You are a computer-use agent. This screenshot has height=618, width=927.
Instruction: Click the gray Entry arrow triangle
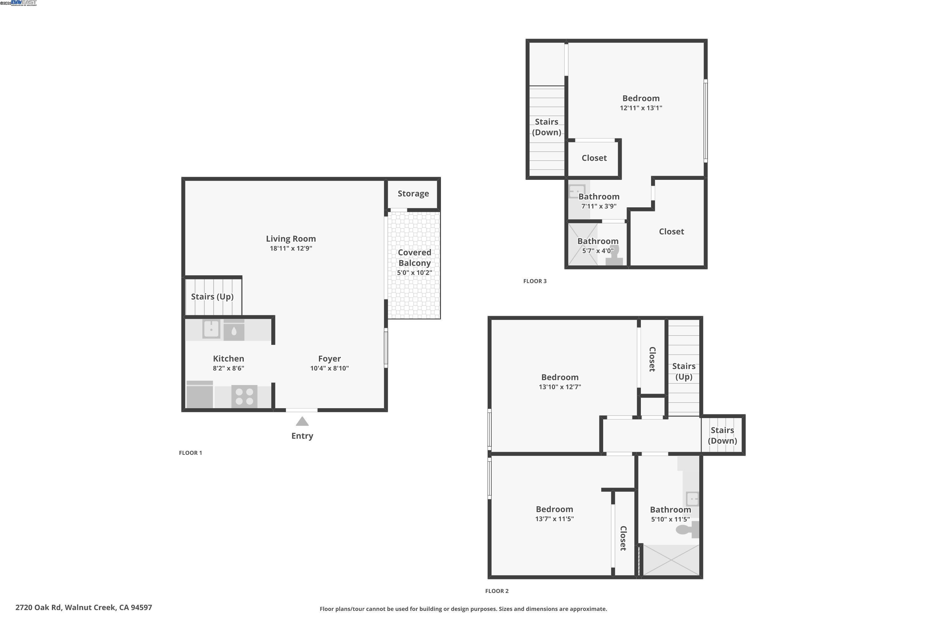[302, 422]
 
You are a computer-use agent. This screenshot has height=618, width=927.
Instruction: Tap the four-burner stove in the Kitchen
[244, 396]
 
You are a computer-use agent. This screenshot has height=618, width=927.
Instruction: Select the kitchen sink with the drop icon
[234, 330]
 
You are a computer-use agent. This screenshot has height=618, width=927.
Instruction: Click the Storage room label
[413, 193]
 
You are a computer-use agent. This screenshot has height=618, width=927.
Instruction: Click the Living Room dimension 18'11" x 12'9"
[291, 248]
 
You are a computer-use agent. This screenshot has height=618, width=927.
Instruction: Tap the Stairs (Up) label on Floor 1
[212, 296]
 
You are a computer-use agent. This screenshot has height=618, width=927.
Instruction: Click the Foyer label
[329, 359]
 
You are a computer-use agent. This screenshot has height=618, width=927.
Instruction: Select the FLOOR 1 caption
[190, 453]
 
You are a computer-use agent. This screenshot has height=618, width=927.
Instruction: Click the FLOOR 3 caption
[535, 281]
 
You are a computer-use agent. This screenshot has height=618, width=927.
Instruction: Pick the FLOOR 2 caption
[497, 591]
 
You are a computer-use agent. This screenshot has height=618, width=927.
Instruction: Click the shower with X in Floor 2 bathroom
[671, 560]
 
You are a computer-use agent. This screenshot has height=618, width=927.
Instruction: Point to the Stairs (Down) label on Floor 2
[722, 435]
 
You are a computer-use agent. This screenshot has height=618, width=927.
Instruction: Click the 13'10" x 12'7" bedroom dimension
[560, 387]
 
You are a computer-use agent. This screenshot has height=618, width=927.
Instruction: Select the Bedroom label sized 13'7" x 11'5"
[554, 509]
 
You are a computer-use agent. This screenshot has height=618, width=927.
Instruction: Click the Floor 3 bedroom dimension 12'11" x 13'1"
[641, 108]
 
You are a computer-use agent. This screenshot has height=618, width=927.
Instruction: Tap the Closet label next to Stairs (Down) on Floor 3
[594, 158]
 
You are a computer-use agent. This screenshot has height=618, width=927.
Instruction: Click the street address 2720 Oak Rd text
[83, 607]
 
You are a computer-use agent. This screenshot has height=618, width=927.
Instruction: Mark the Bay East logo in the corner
[24, 3]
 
